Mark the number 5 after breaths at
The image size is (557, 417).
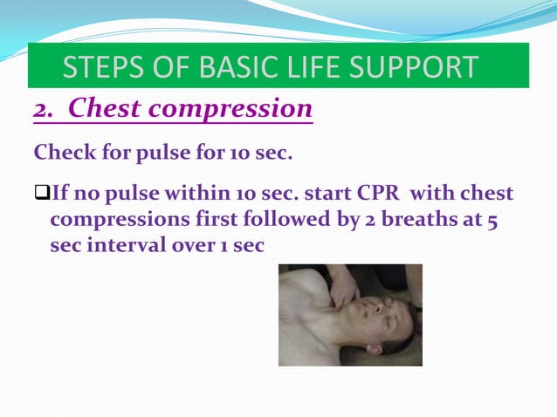(x=493, y=219)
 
